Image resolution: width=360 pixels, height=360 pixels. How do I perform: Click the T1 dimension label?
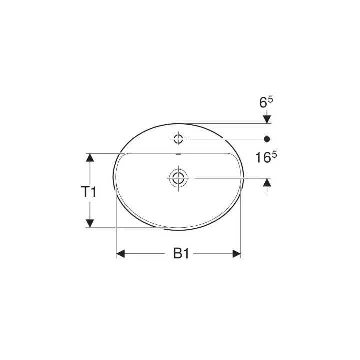click(89, 191)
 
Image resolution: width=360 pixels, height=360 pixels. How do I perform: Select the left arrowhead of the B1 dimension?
click(120, 254)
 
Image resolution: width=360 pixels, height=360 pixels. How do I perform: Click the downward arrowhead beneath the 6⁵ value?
click(267, 119)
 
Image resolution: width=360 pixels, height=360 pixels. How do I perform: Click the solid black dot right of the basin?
click(267, 138)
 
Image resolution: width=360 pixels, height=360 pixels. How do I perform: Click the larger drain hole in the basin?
click(178, 178)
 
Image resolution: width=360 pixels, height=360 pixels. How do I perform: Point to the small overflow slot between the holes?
click(178, 154)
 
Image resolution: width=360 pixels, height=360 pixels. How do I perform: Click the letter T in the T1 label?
click(86, 191)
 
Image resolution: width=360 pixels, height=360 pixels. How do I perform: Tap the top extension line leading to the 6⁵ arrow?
click(225, 123)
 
